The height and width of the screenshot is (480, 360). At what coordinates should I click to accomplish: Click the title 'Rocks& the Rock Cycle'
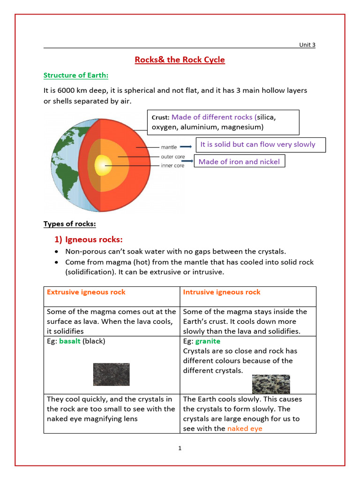[180, 60]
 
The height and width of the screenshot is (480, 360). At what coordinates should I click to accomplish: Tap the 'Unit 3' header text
[307, 45]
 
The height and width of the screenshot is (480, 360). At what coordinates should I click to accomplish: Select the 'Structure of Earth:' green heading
[76, 75]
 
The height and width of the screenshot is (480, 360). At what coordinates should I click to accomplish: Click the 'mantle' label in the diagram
[169, 147]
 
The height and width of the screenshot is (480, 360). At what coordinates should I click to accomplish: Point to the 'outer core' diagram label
[172, 157]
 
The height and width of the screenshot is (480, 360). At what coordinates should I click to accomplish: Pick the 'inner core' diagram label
[172, 165]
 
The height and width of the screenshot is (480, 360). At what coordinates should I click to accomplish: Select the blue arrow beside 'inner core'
[187, 161]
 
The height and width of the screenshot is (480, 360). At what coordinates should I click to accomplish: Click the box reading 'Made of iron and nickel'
[239, 162]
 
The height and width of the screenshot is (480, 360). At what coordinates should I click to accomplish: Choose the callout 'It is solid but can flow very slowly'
[258, 144]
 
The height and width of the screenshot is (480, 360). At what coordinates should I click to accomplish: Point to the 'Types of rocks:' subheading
[69, 224]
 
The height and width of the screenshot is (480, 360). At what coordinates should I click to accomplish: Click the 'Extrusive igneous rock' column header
[86, 292]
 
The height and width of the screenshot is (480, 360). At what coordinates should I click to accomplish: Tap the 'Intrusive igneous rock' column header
[222, 292]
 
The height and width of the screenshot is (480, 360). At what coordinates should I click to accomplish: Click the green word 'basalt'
[70, 341]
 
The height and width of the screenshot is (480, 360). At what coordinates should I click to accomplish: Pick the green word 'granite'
[208, 341]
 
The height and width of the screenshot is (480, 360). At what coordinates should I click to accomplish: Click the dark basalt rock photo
[111, 374]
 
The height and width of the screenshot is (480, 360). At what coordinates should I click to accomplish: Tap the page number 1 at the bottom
[180, 448]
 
